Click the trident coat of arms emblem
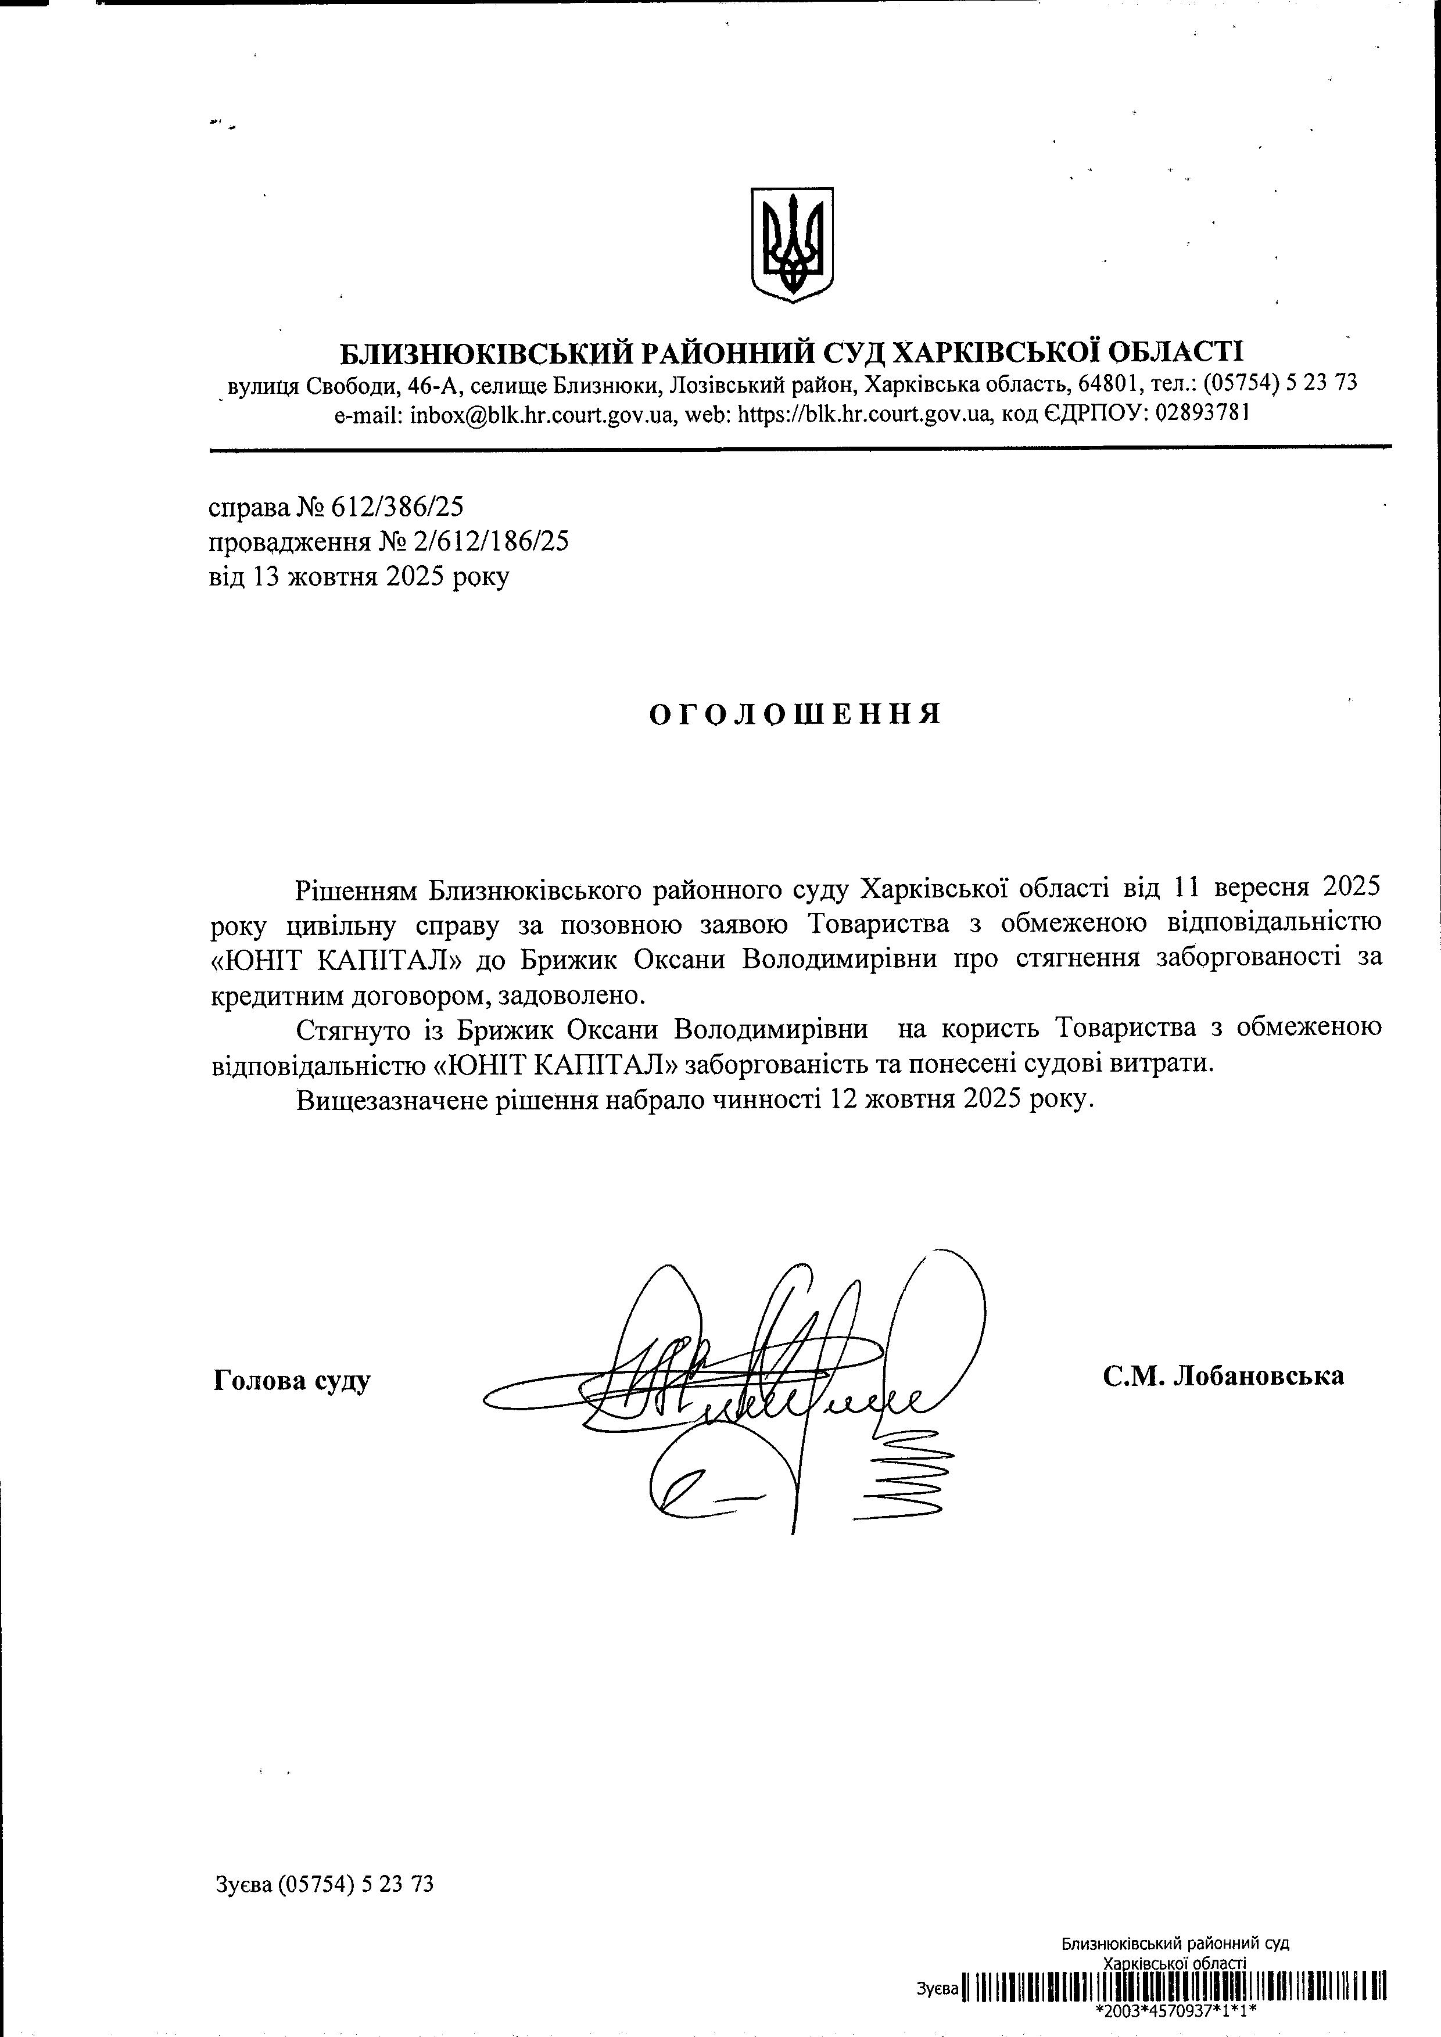point(793,244)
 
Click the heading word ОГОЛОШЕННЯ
point(795,715)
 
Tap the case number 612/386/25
point(397,508)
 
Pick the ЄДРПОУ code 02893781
point(1202,414)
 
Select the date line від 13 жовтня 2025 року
point(359,577)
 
